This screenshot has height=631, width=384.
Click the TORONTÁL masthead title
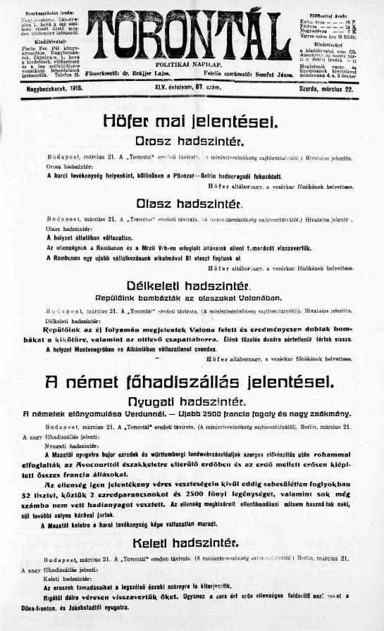pyautogui.click(x=192, y=32)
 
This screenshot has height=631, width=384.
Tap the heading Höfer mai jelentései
pyautogui.click(x=192, y=120)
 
